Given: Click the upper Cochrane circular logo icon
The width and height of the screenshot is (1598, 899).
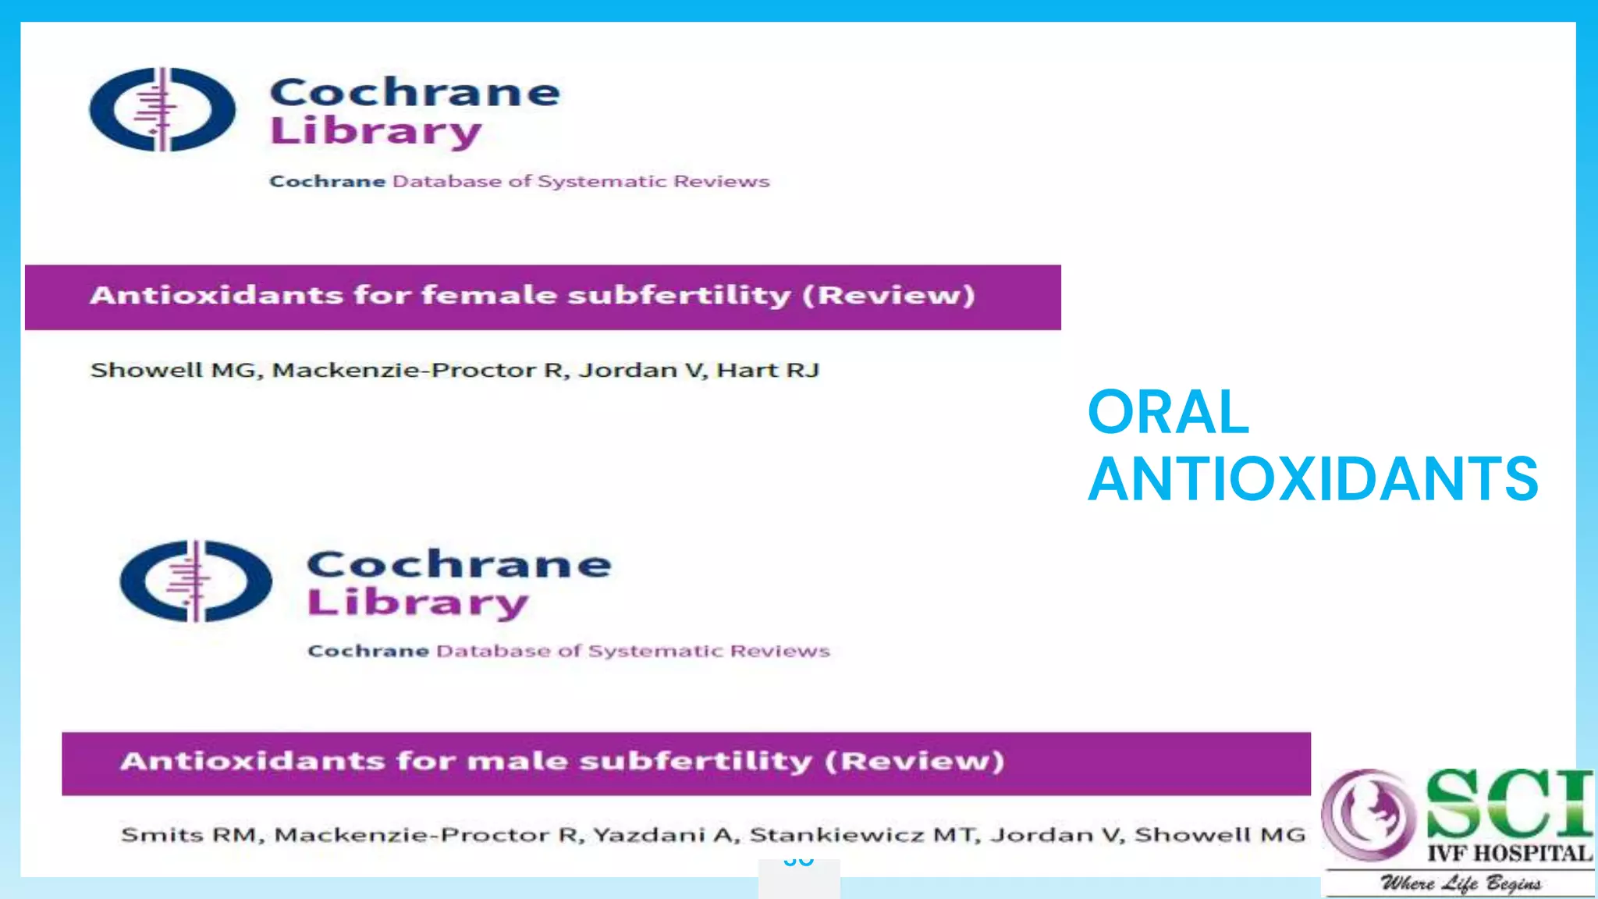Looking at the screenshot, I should [162, 109].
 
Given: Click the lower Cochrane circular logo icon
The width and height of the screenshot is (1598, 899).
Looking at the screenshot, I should [196, 581].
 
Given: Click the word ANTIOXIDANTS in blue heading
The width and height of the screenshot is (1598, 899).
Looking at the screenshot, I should [1313, 478].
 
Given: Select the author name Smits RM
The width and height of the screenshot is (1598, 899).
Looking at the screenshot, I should [189, 835].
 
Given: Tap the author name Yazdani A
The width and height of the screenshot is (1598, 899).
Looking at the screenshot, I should [662, 835].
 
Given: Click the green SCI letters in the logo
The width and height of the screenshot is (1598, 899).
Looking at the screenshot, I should [1507, 804].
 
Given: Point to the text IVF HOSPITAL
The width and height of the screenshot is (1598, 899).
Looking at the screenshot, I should [1509, 853].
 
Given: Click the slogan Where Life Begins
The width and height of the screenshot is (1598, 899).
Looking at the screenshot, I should [1461, 883].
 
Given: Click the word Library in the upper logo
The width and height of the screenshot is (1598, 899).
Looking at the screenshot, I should [375, 131].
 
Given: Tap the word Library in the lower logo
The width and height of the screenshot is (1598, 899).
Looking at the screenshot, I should [417, 603].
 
